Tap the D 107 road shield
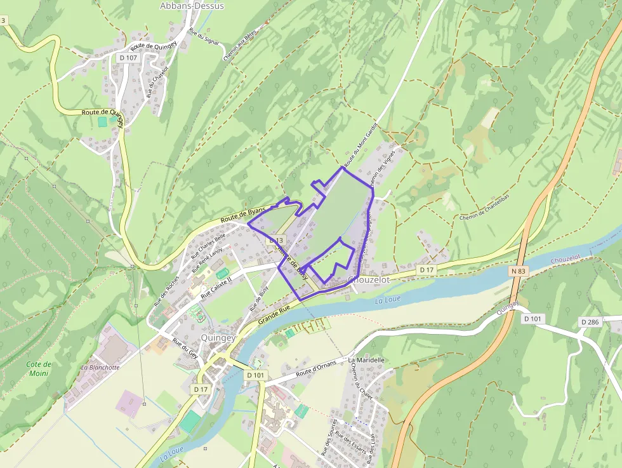128,58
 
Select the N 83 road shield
517,271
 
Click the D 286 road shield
590,323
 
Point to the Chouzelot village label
368,280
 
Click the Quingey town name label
218,338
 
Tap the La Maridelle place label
366,360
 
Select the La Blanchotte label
100,367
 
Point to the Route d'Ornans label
315,368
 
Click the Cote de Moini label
38,368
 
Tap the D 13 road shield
275,241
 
